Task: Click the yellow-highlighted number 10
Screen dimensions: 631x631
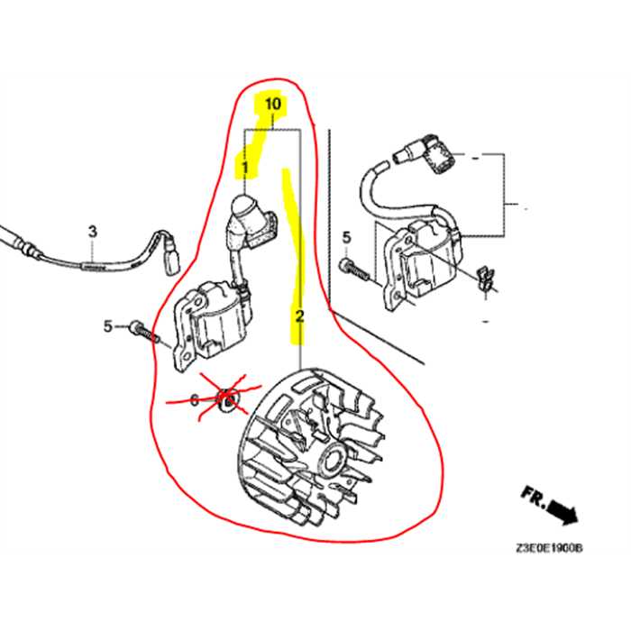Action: point(273,105)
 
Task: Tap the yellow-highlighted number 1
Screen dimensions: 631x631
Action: point(243,167)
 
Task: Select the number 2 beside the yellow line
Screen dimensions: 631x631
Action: point(299,315)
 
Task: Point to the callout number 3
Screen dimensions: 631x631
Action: point(91,232)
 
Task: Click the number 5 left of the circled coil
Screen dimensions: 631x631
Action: point(107,326)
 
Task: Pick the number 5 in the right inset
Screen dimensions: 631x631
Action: point(346,237)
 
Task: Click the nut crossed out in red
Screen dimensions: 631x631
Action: point(229,398)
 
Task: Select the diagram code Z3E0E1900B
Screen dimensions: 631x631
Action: point(549,547)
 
